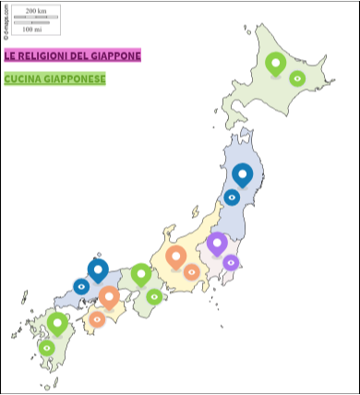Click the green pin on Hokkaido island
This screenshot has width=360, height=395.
275,63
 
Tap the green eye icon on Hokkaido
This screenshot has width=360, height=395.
297,78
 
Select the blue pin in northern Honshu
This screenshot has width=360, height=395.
243,174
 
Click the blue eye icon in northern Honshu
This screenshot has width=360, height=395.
232,197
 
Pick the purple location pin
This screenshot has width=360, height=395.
217,243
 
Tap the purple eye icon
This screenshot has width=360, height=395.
231,263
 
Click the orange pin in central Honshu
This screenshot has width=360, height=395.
175,257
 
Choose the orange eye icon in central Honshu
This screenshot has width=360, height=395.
191,272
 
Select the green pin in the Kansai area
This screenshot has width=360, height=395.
140,273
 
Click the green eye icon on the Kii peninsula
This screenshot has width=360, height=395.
154,296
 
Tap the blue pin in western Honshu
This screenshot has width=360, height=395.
98,269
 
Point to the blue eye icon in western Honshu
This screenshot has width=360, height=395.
81,287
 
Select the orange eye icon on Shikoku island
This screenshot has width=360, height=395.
97,319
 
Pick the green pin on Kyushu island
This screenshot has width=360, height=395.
58,323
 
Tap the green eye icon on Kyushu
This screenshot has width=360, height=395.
46,348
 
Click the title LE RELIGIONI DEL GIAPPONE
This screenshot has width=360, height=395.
73,55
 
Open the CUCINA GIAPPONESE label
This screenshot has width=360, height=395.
55,78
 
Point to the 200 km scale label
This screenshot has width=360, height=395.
36,10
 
